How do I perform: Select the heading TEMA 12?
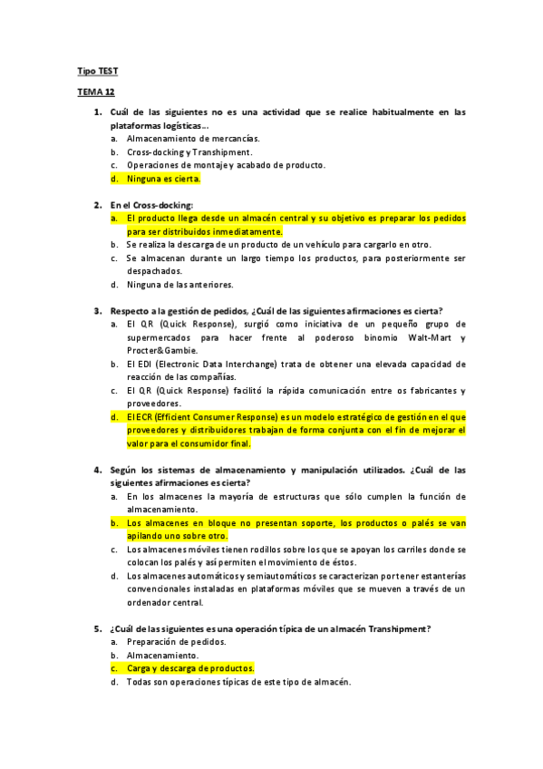[95, 92]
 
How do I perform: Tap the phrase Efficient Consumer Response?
[217, 417]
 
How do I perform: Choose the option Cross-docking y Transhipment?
[189, 152]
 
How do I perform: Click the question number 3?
[97, 311]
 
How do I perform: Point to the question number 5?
[97, 628]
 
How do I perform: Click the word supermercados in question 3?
[163, 337]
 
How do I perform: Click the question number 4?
[97, 470]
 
